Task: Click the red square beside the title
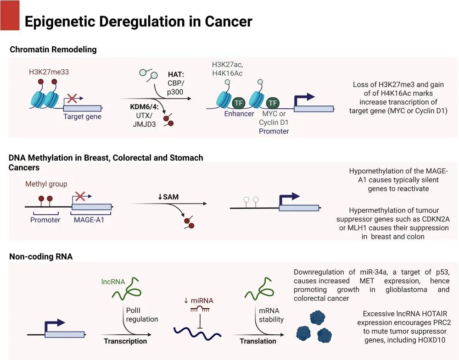click(10, 16)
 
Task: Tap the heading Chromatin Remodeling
click(53, 50)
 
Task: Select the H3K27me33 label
click(49, 72)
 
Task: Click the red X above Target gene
click(72, 98)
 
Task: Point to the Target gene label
click(82, 116)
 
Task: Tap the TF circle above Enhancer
click(239, 103)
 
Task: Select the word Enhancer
click(239, 114)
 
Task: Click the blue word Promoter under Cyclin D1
click(274, 131)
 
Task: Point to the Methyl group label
click(46, 184)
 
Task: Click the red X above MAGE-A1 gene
click(80, 196)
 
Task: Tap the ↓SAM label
click(168, 197)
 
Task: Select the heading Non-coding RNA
click(41, 257)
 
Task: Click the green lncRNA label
click(113, 282)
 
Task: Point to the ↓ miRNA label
click(198, 301)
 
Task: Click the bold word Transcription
click(125, 341)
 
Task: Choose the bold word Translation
click(258, 341)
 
